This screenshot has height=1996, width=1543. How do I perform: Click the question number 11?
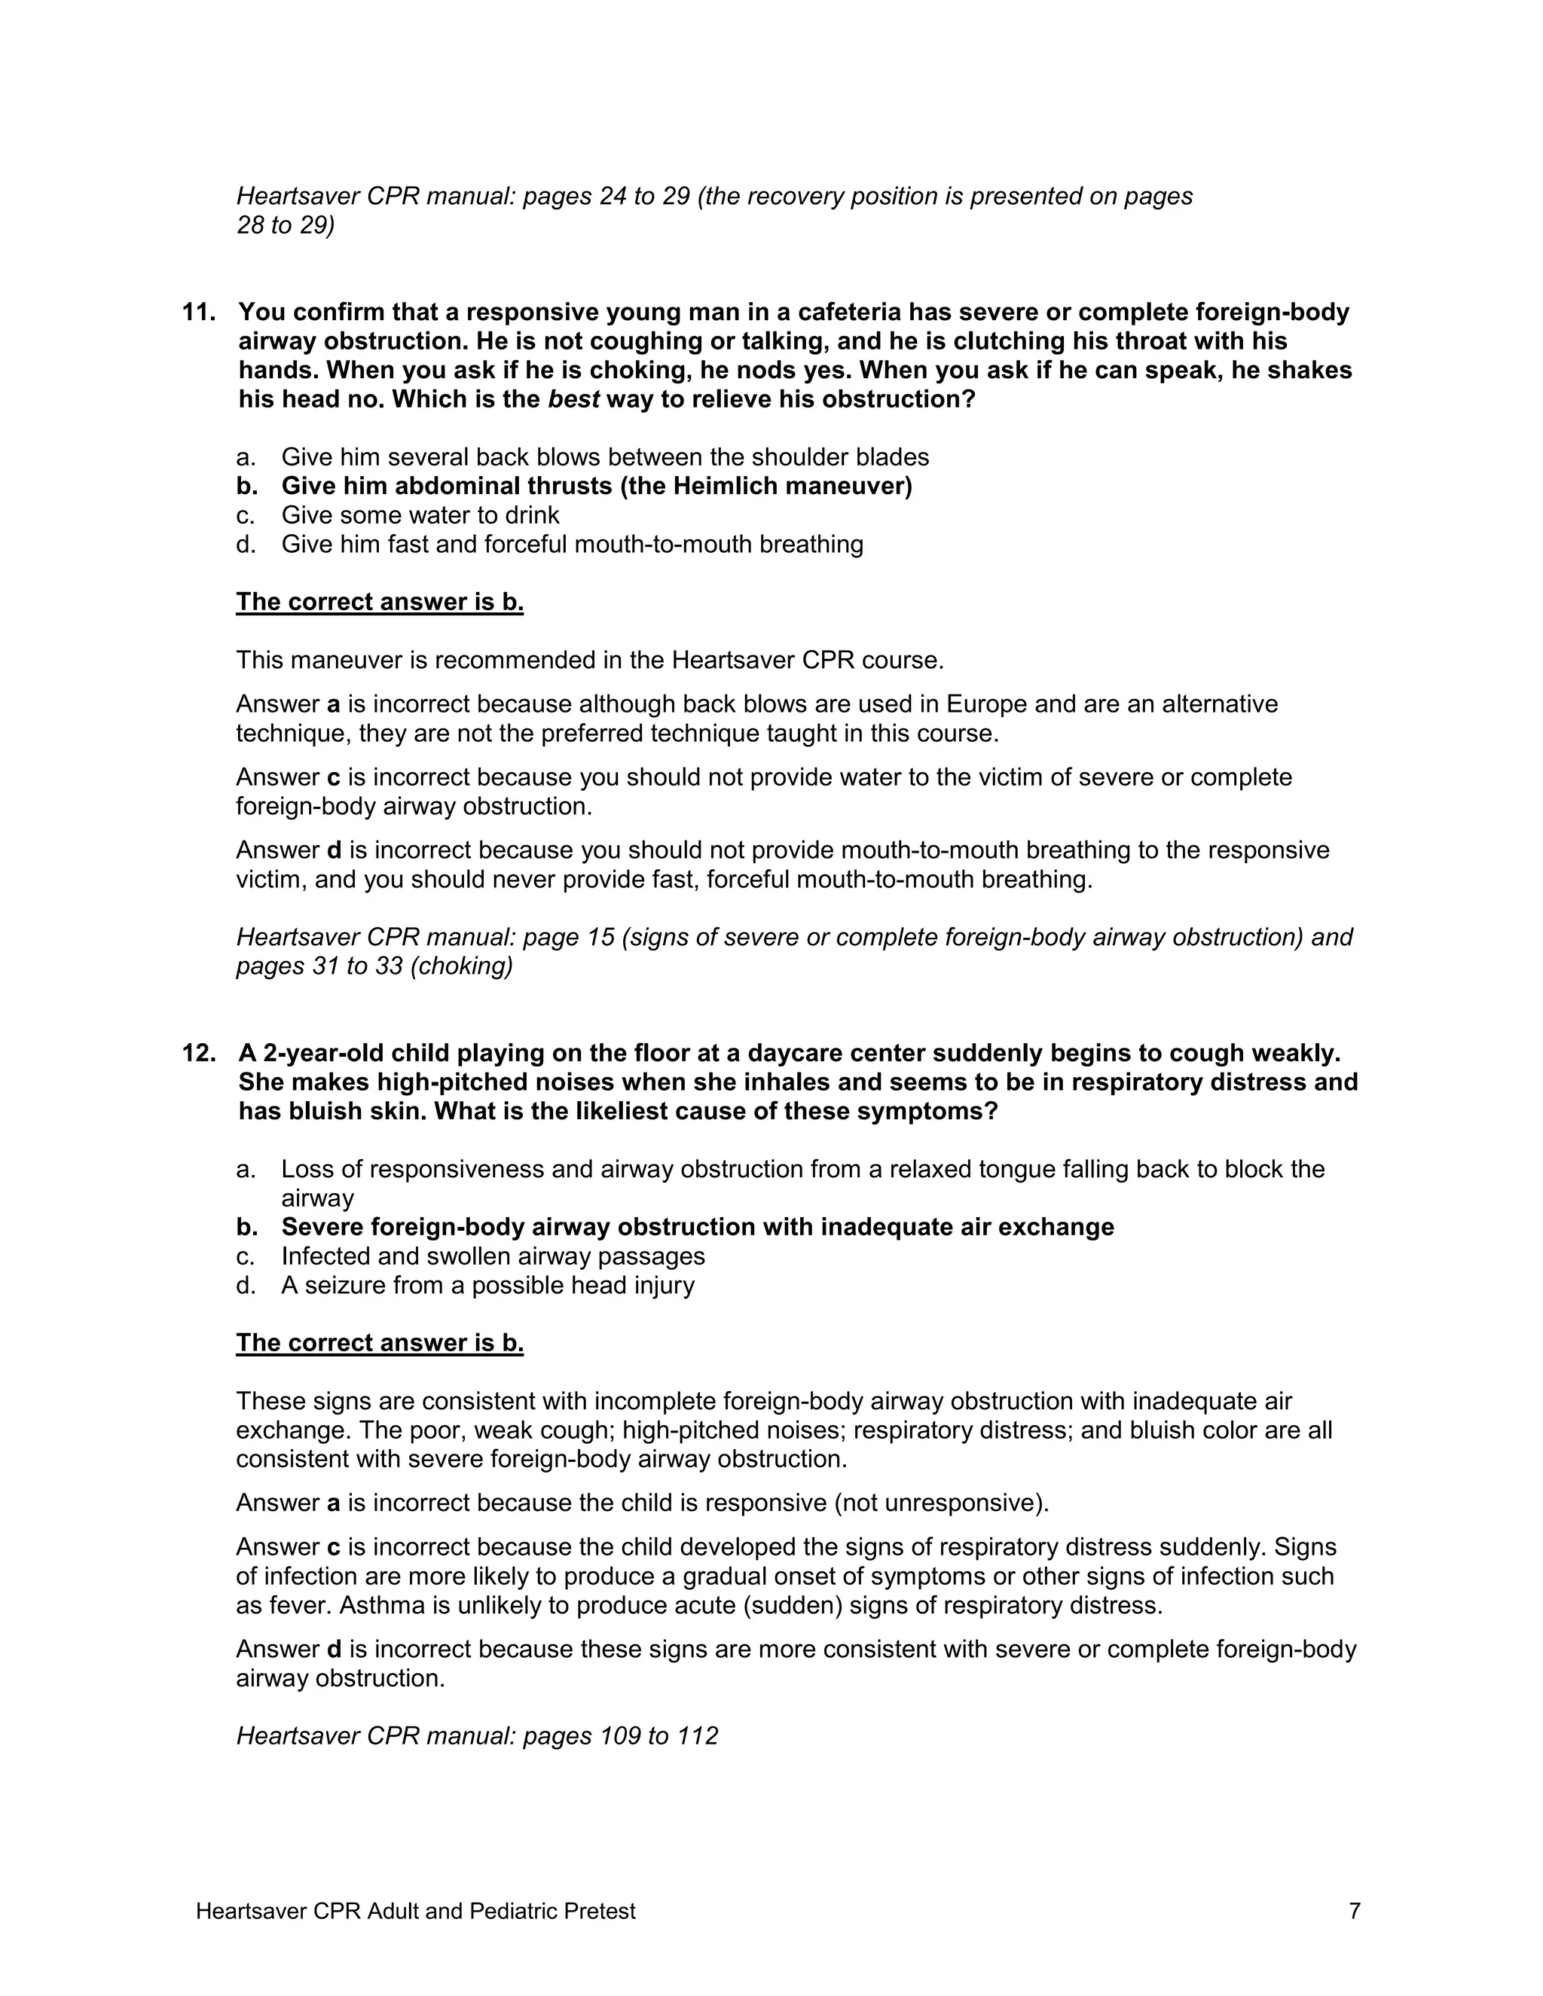click(198, 313)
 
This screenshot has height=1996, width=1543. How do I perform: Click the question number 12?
click(198, 1054)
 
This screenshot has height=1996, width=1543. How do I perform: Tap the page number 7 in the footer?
click(1355, 1911)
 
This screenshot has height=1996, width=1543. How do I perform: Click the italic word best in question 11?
click(573, 400)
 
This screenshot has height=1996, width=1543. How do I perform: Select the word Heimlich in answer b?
click(727, 487)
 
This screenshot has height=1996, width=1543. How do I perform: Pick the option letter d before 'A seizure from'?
click(244, 1286)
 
